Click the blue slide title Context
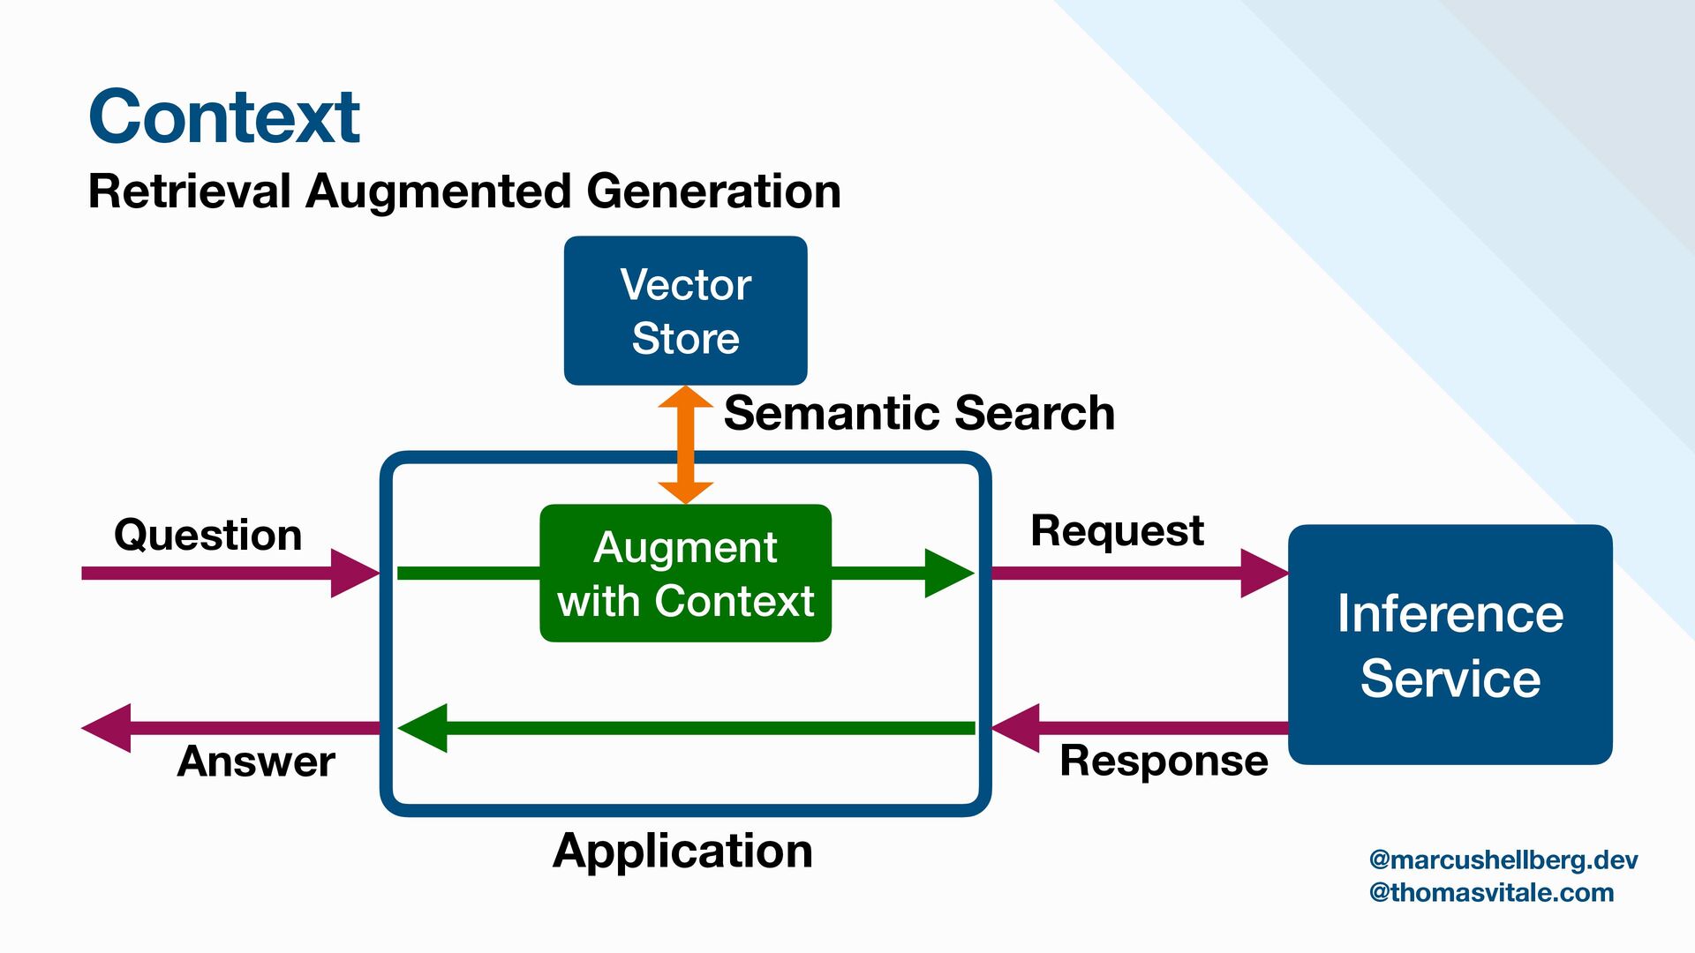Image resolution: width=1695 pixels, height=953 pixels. pos(224,117)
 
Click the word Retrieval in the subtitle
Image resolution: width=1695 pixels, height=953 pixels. pos(190,191)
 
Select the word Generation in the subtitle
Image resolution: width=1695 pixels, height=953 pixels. pos(713,191)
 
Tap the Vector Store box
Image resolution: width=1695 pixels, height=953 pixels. pos(685,311)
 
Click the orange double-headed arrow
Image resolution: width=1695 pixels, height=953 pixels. pos(685,444)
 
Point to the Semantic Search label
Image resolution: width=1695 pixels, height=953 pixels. pos(919,413)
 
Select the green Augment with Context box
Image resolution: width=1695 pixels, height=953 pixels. pos(685,574)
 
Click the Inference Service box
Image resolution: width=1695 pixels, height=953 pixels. pos(1450,645)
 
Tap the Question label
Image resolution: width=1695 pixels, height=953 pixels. pos(208,536)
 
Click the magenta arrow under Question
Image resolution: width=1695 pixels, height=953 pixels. pos(230,574)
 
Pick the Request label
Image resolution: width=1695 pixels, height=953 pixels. pos(1117,531)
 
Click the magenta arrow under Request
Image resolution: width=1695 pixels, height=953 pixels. pos(1139,574)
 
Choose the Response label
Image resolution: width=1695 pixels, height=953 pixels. pos(1164,761)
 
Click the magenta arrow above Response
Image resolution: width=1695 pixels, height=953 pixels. pos(1139,728)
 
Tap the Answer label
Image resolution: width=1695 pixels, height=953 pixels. pos(256,762)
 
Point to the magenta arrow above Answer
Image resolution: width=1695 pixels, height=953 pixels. pos(230,728)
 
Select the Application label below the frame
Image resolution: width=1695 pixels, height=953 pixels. pos(682,852)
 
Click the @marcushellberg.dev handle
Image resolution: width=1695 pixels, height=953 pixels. pos(1503,860)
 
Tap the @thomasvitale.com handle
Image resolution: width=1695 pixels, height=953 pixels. pos(1491,893)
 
